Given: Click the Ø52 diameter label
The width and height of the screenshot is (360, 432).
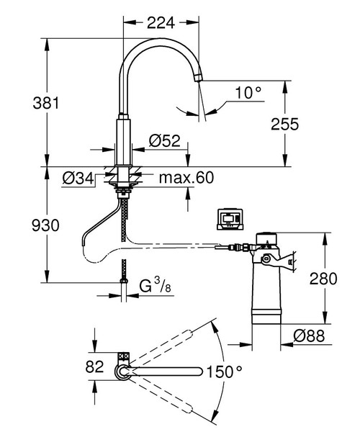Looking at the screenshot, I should [x=165, y=142].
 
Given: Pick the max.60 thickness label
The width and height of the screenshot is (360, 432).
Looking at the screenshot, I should [x=188, y=177].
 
